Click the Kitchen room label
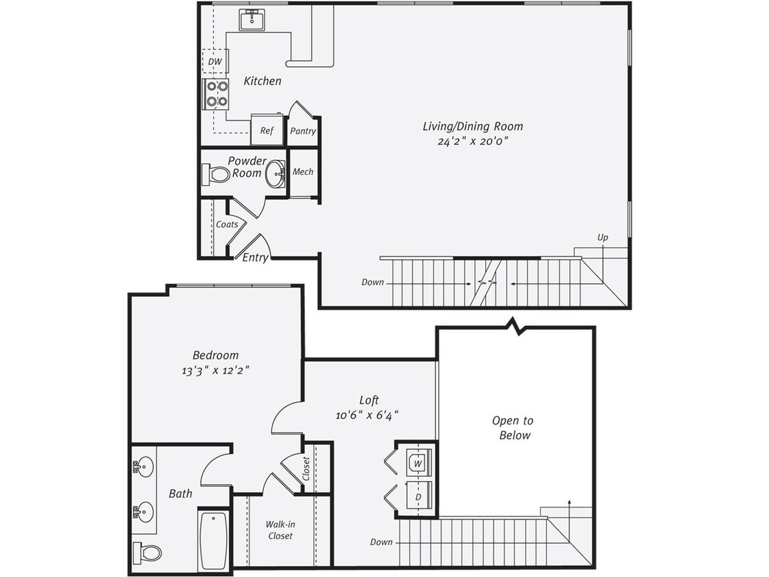[x=262, y=81]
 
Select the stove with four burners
[x=217, y=94]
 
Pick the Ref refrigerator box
[x=265, y=130]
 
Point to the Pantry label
[x=303, y=131]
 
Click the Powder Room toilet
[x=217, y=174]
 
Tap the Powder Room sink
[x=276, y=173]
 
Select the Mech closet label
[x=303, y=172]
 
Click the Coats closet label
[x=227, y=224]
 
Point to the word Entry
[x=255, y=258]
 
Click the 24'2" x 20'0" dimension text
[x=472, y=141]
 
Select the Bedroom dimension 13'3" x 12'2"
[x=215, y=371]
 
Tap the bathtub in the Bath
[x=213, y=539]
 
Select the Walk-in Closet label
[x=280, y=530]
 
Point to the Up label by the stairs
[x=602, y=237]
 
